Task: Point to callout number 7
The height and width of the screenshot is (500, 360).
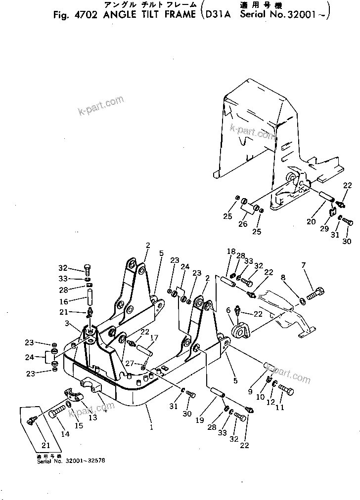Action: [x=304, y=266]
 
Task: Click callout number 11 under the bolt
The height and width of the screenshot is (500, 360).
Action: [x=280, y=409]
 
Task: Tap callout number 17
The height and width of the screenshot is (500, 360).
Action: [x=155, y=338]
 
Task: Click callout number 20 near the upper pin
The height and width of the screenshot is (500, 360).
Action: [x=311, y=222]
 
